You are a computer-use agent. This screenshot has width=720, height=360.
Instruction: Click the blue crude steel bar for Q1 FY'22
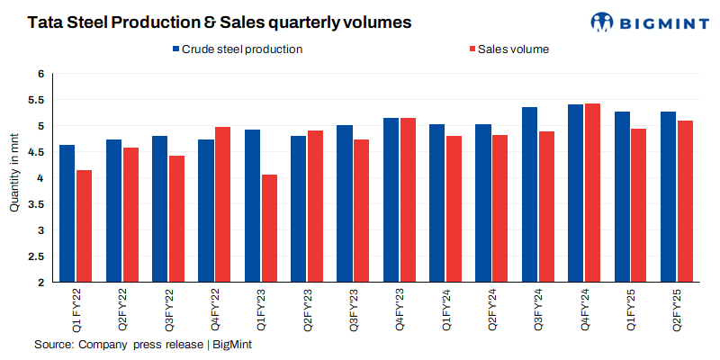tap(67, 213)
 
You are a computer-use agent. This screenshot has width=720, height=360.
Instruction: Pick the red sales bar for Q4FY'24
tap(592, 193)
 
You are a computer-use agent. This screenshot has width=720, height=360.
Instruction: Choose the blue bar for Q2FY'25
tap(669, 197)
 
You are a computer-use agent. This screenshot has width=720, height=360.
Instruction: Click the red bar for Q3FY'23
tap(362, 211)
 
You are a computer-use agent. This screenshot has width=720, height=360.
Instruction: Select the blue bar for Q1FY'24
tap(437, 203)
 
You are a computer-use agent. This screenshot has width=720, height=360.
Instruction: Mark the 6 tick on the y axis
tap(40, 74)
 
